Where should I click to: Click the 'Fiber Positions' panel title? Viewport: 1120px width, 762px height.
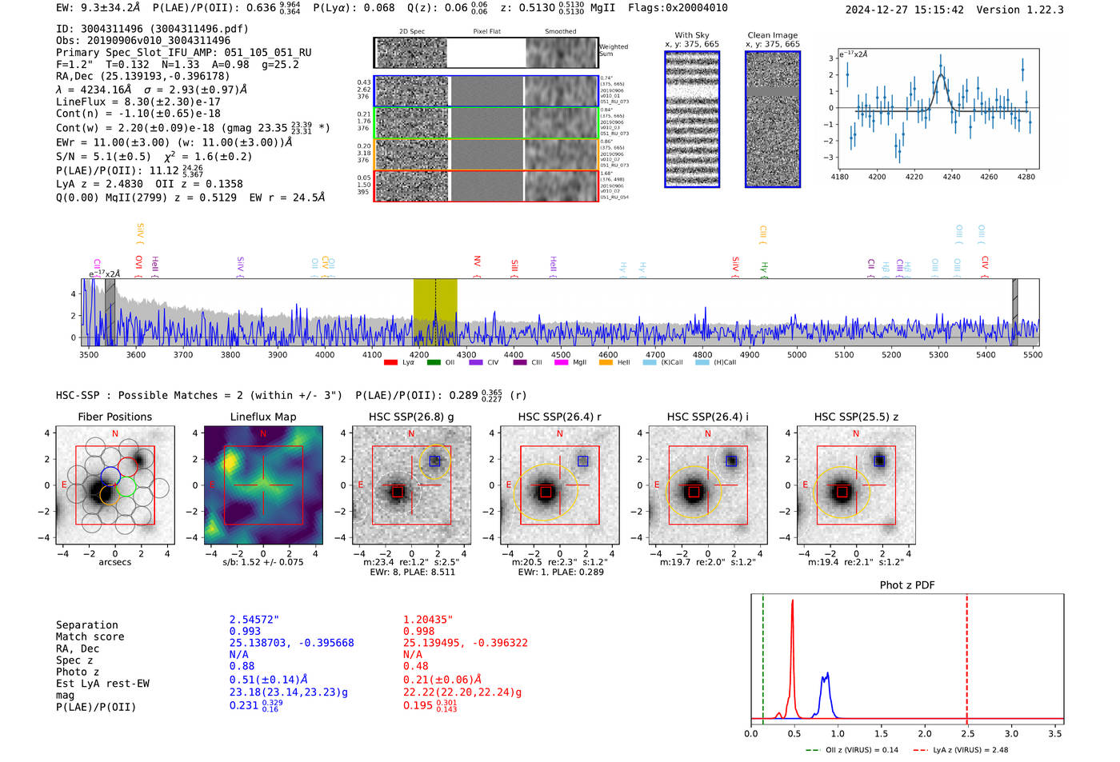pos(114,417)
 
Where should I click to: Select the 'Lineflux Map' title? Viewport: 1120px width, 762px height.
pos(262,417)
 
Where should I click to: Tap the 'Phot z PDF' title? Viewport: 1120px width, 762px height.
pos(907,585)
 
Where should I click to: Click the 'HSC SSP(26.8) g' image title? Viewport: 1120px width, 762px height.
pos(411,417)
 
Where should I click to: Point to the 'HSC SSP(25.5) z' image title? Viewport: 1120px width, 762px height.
pos(856,417)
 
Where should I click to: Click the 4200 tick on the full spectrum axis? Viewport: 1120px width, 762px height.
pos(419,355)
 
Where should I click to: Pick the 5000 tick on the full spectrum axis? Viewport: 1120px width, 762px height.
pos(797,355)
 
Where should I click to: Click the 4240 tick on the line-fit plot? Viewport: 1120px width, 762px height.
pos(951,177)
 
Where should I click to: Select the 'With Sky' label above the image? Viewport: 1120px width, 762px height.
pos(692,35)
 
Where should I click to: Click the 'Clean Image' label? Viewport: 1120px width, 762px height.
pos(772,35)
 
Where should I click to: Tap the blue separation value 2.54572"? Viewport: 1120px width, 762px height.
pos(254,620)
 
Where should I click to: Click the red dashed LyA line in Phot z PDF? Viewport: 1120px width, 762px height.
pos(967,656)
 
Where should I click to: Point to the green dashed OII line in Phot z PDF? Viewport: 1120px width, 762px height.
pos(763,656)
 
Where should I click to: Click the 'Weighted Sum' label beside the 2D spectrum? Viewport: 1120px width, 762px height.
pos(613,50)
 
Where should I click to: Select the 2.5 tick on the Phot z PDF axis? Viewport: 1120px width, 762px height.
pos(967,733)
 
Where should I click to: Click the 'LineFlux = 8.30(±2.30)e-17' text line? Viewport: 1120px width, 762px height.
pos(138,102)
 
